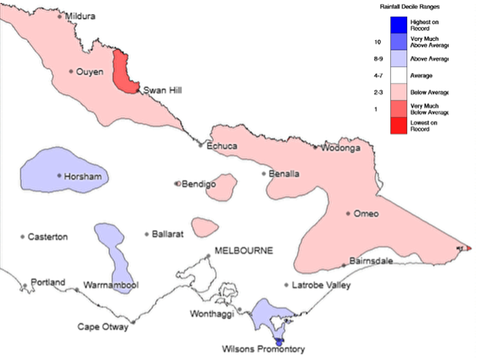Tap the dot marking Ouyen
click(x=71, y=72)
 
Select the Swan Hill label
click(x=162, y=90)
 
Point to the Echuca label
click(x=222, y=146)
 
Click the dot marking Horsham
click(x=59, y=175)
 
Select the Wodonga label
click(x=338, y=148)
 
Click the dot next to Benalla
click(x=264, y=174)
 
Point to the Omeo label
click(x=365, y=213)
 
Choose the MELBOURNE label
click(x=243, y=250)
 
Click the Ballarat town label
click(x=168, y=234)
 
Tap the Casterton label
click(x=48, y=237)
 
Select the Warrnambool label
click(x=111, y=284)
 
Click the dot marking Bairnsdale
click(x=344, y=265)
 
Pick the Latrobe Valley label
click(x=321, y=285)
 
